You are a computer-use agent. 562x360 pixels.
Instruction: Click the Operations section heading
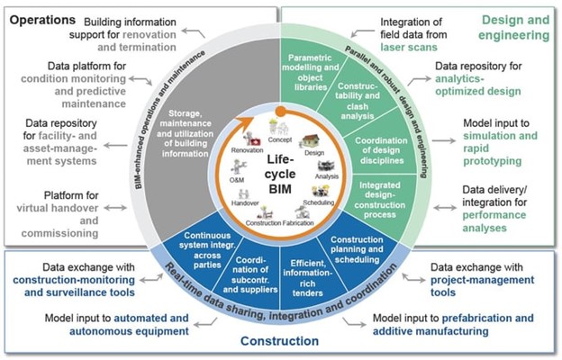click(44, 16)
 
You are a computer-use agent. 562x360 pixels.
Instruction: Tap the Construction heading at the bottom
click(280, 342)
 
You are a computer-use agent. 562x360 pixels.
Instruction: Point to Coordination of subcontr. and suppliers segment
click(252, 269)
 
